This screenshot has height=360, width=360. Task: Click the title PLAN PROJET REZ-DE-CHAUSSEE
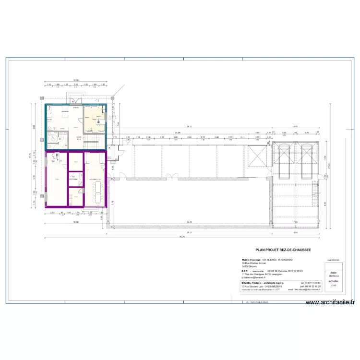pos(283,250)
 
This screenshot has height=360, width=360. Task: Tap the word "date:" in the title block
pos(333,272)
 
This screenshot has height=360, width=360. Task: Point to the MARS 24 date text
pos(333,276)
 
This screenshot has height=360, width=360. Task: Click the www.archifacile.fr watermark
pos(330,302)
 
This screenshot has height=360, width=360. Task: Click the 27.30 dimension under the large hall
pos(190,222)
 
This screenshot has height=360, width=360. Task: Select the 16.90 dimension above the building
pos(75,80)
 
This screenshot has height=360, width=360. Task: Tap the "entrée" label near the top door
pos(76,108)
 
